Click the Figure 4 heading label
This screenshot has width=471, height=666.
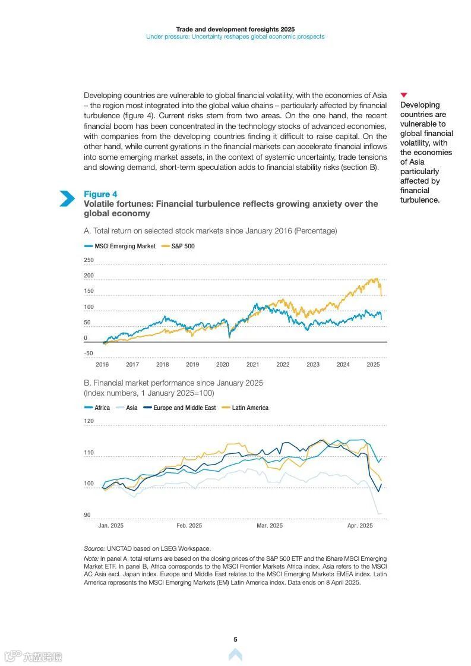[x=100, y=194]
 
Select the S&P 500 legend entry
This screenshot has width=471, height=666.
[x=183, y=246]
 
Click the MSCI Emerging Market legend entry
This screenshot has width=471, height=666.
[x=125, y=246]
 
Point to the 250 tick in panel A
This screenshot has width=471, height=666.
[x=89, y=260]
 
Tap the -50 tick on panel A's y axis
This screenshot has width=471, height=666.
[x=89, y=353]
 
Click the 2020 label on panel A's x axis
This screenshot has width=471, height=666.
[x=223, y=365]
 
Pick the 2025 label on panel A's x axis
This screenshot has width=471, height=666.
[x=373, y=365]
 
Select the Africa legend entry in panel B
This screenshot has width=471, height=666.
[x=102, y=408]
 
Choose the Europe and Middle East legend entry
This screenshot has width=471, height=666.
[x=184, y=408]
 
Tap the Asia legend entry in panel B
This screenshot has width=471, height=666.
[x=131, y=408]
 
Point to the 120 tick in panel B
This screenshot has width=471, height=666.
[x=89, y=421]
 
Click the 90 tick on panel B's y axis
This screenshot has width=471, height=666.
[x=87, y=515]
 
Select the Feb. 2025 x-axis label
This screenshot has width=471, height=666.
[x=189, y=526]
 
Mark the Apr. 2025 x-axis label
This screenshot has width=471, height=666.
[x=360, y=526]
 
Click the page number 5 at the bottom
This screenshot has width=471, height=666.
[x=235, y=639]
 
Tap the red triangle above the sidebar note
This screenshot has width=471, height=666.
[x=404, y=95]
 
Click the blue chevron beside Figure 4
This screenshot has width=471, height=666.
[x=67, y=198]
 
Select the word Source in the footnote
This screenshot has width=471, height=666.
[x=94, y=548]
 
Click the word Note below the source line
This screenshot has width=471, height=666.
[x=91, y=559]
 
